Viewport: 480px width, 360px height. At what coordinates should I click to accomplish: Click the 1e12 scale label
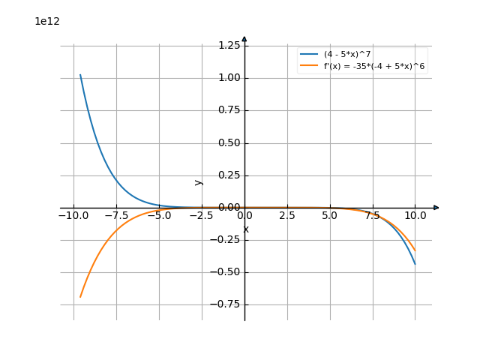47,21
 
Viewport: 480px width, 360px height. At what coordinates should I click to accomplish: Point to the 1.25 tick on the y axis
229,46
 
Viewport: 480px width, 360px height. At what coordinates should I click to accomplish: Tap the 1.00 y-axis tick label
229,78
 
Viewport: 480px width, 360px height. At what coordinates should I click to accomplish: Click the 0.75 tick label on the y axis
229,110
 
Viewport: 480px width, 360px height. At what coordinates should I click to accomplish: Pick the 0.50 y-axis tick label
229,142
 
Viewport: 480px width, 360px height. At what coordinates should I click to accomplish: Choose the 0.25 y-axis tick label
229,175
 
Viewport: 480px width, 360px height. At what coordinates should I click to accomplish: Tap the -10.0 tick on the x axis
73,216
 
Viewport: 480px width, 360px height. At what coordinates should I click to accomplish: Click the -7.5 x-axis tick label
116,216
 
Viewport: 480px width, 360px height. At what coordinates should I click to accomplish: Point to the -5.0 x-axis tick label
159,216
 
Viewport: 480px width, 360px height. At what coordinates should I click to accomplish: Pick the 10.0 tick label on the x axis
415,216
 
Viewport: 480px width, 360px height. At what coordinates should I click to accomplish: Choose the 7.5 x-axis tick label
372,216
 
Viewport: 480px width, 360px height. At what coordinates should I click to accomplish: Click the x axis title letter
245,229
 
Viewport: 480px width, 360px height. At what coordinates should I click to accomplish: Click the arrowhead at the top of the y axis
244,39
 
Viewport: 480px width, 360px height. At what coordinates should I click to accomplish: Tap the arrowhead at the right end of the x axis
436,208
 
